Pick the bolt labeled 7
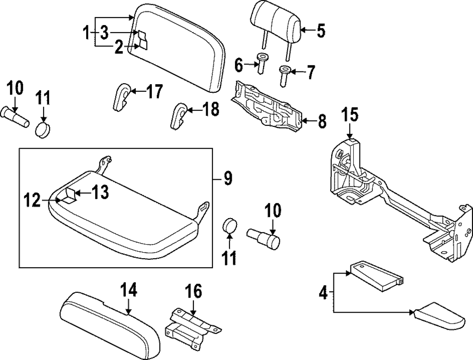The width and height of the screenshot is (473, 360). point(284,75)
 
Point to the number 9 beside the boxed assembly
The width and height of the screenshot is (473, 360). point(228,179)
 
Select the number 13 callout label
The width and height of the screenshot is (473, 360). point(100,192)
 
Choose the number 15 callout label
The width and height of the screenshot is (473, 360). point(350,115)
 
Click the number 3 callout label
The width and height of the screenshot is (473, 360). point(104,32)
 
